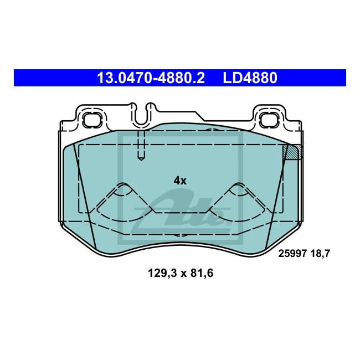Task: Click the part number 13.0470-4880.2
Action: point(151,78)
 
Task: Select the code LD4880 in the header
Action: point(250,78)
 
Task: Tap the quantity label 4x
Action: point(180,181)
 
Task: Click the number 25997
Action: point(291,254)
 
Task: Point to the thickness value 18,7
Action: point(320,254)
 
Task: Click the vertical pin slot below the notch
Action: point(141,145)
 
